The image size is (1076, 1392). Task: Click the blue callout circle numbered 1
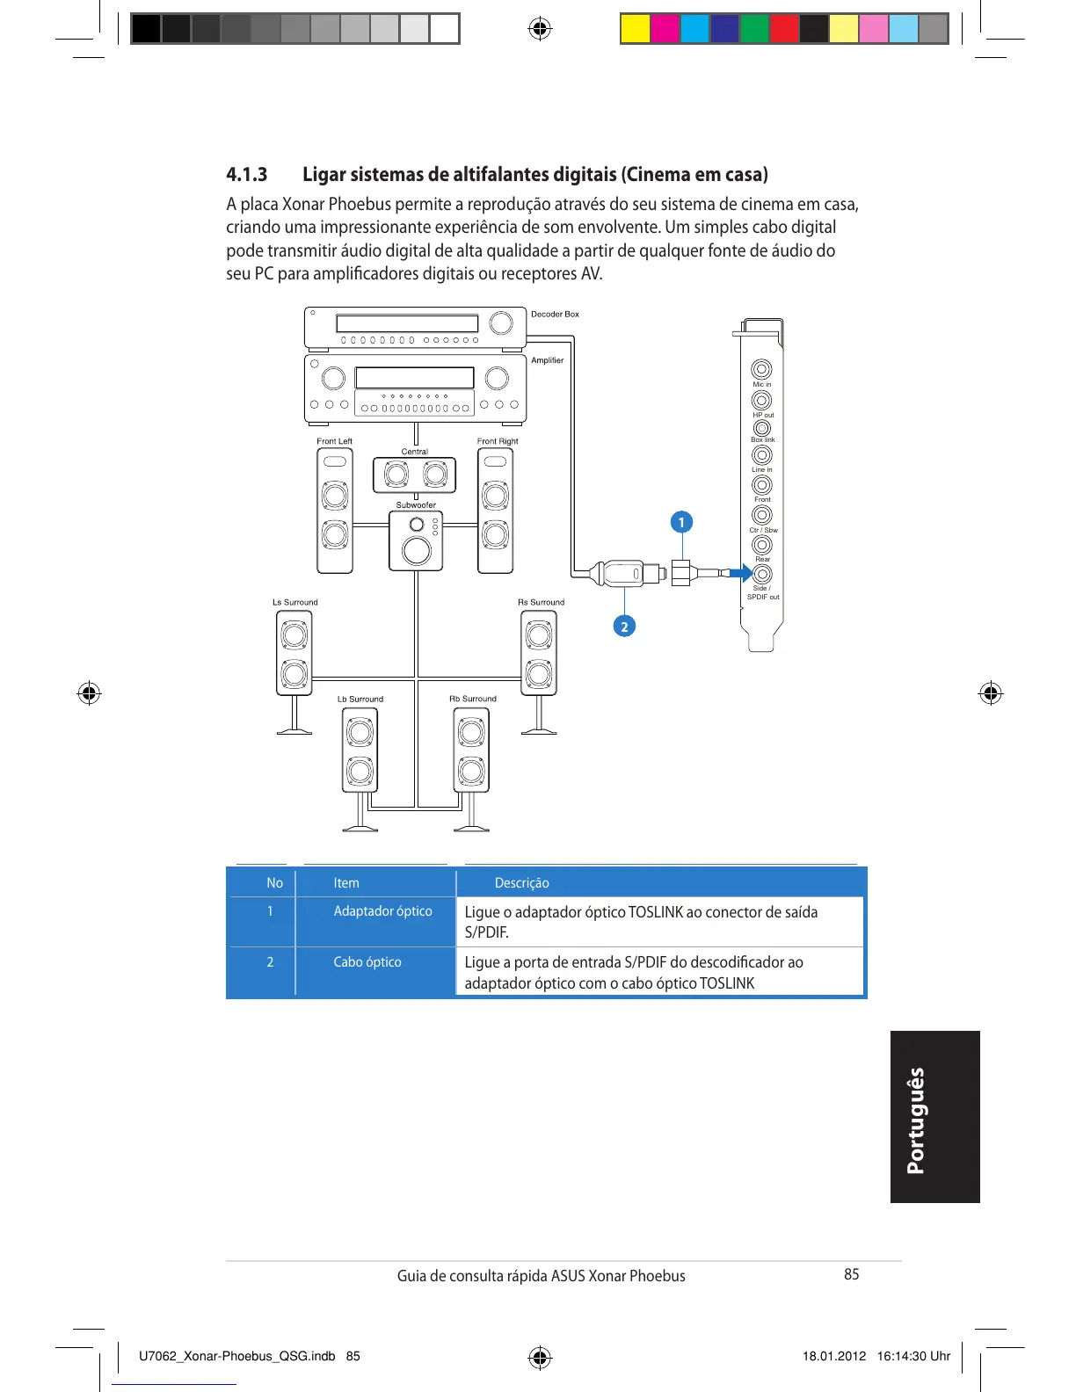(x=680, y=522)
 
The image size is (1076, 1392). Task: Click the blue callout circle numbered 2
(x=624, y=627)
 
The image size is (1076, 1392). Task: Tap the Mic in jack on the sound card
(x=761, y=369)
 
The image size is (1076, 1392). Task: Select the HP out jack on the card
(x=761, y=401)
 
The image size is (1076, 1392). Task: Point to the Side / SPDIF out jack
(x=762, y=574)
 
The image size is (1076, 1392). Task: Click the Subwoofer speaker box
(x=416, y=540)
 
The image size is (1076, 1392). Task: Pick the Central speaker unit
(x=415, y=475)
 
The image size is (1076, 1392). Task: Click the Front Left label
(x=334, y=441)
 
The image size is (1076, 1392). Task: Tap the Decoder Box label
(x=555, y=314)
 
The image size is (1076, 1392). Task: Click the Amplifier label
(x=547, y=360)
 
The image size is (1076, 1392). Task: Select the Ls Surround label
(x=294, y=603)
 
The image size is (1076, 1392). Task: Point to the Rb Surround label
(x=473, y=700)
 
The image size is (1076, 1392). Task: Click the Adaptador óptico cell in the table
(x=382, y=911)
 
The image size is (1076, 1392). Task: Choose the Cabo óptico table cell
(x=367, y=962)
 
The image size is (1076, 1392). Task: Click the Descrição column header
(x=521, y=883)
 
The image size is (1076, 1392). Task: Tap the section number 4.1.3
(x=247, y=174)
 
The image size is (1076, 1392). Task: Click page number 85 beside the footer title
(x=851, y=1274)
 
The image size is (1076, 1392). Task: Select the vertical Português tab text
(x=916, y=1120)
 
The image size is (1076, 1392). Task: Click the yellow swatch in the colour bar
(x=635, y=29)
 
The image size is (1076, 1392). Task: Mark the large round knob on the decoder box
(x=501, y=323)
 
